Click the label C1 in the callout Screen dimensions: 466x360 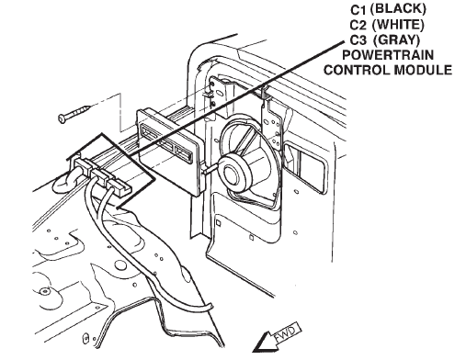pyautogui.click(x=358, y=10)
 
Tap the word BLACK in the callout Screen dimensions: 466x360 pyautogui.click(x=398, y=9)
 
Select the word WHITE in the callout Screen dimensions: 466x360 pyautogui.click(x=398, y=25)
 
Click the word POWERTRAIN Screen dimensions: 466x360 pyautogui.click(x=388, y=55)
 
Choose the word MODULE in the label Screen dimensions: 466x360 pyautogui.click(x=423, y=70)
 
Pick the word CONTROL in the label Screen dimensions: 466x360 pyautogui.click(x=358, y=70)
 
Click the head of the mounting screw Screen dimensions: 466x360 pyautogui.click(x=63, y=118)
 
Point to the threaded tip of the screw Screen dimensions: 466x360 pyautogui.click(x=87, y=107)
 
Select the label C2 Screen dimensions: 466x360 pyautogui.click(x=358, y=26)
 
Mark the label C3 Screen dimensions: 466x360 pyautogui.click(x=358, y=40)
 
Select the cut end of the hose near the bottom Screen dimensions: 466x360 pyautogui.click(x=210, y=307)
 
